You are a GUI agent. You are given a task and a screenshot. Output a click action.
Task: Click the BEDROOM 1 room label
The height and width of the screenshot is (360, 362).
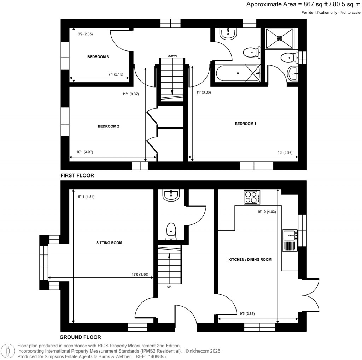click(245, 124)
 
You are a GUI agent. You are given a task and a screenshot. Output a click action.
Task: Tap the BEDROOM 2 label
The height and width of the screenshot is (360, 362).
click(108, 126)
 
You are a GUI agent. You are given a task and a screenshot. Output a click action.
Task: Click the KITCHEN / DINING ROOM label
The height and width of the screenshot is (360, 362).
click(250, 260)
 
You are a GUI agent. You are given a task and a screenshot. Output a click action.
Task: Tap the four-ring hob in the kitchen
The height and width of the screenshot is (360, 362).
click(252, 197)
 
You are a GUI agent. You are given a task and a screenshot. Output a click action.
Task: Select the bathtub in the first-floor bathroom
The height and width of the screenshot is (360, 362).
click(235, 73)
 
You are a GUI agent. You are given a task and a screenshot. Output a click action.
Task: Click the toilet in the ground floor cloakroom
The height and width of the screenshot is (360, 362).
click(171, 231)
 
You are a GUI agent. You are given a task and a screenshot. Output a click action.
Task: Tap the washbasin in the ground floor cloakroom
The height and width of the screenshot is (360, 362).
click(171, 194)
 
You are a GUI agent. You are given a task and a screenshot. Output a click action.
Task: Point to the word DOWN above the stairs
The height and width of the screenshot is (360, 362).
click(172, 56)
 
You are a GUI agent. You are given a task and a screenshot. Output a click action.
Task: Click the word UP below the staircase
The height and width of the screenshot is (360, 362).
click(169, 287)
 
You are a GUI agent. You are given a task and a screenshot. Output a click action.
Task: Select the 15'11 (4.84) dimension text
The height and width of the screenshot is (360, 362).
click(84, 197)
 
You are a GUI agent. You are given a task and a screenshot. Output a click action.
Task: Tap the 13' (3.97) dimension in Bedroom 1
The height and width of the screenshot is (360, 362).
click(285, 152)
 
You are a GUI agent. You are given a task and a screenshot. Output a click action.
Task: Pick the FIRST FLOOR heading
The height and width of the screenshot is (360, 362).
click(77, 175)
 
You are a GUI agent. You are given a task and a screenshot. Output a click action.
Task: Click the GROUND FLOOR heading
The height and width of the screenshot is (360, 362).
click(80, 337)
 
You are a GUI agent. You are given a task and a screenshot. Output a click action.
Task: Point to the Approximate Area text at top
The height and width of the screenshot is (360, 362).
click(303, 5)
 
